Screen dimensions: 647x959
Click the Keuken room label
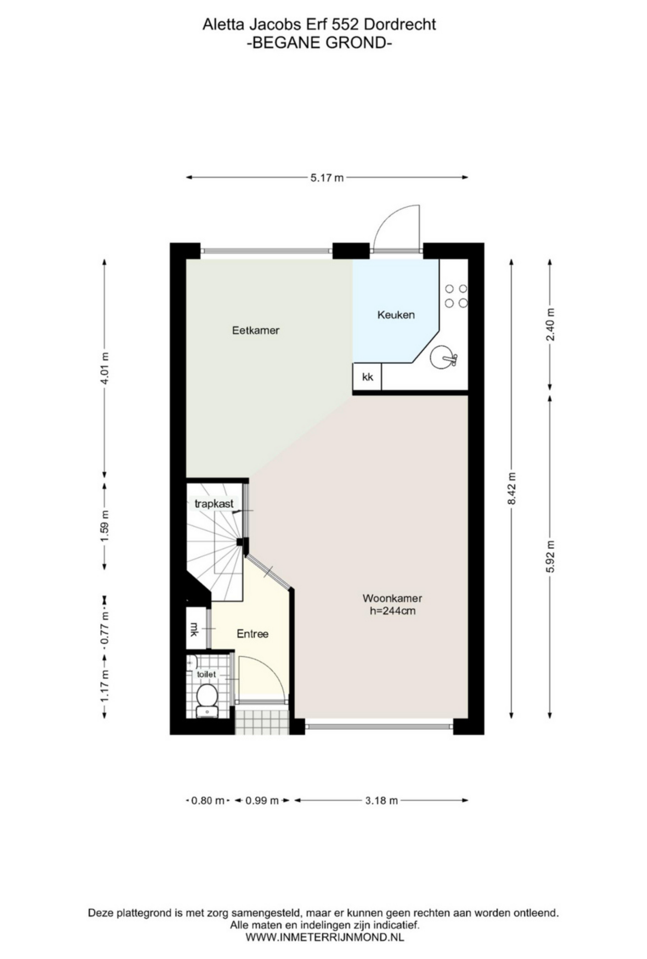point(395,315)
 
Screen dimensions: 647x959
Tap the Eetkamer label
point(255,330)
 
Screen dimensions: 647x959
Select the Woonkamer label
point(392,598)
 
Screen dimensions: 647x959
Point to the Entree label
point(252,634)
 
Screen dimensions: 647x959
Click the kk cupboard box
point(367,376)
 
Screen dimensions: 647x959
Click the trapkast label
point(214,503)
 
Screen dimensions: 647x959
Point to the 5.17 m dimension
point(326,178)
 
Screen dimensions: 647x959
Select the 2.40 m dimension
point(550,324)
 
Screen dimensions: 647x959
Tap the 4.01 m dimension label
point(105,368)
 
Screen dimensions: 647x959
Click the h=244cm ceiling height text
point(392,611)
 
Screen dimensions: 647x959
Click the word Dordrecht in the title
point(400,25)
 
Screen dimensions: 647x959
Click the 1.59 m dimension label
point(105,527)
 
